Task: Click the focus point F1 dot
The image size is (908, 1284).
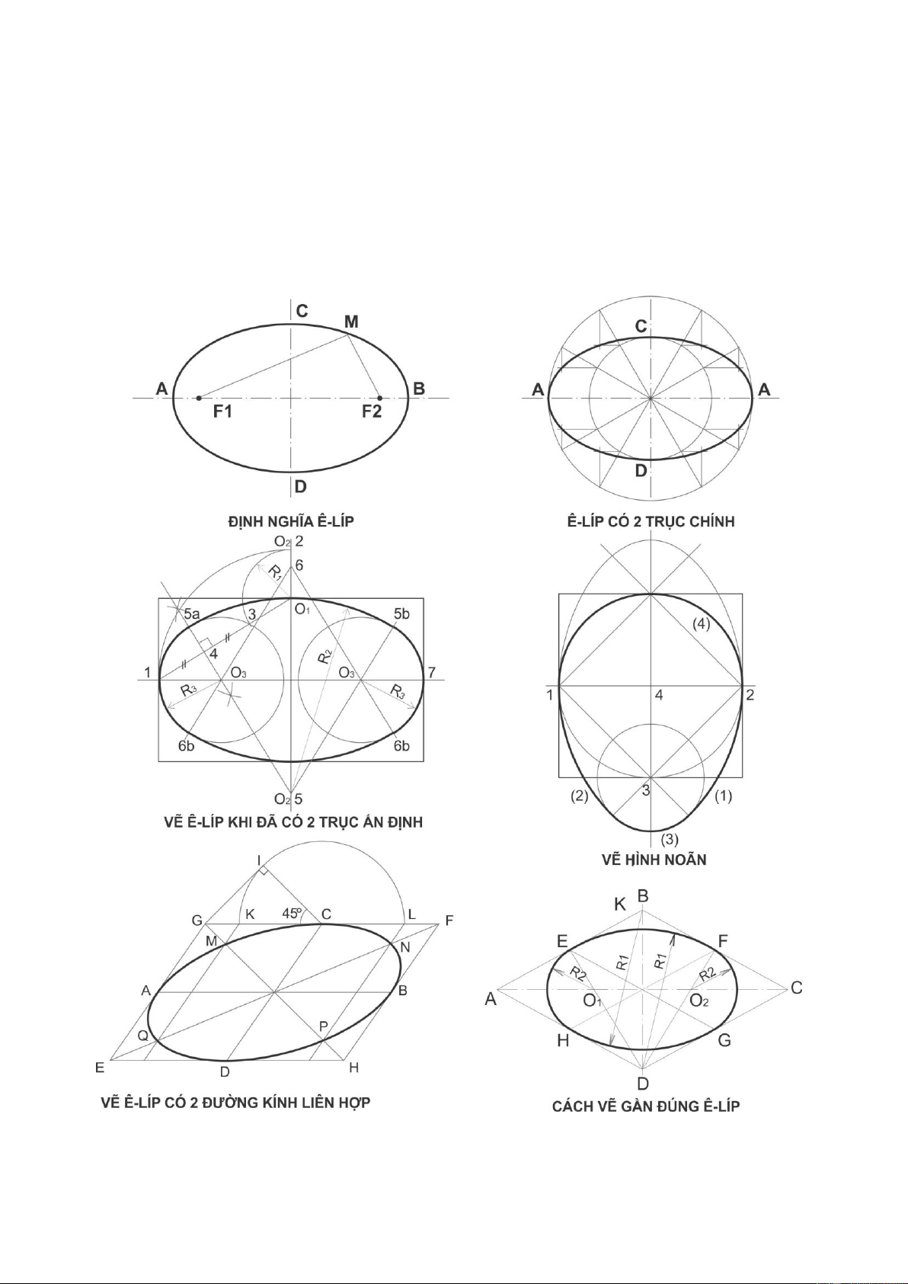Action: (x=199, y=398)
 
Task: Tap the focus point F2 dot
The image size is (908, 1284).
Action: (x=379, y=398)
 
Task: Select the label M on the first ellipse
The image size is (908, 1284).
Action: (x=350, y=322)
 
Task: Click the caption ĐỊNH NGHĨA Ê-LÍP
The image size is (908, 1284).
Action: (x=291, y=521)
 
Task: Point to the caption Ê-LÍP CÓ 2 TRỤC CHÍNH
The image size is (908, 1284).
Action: (x=651, y=521)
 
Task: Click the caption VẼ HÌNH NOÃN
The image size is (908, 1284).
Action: (x=654, y=860)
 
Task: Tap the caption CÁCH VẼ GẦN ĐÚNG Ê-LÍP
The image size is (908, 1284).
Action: (x=646, y=1106)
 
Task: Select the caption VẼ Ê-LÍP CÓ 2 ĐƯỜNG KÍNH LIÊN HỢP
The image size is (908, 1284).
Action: (x=235, y=1103)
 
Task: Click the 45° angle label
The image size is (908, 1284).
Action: (x=292, y=913)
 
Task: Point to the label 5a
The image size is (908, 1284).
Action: (x=191, y=613)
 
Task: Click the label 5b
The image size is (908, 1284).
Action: (x=401, y=613)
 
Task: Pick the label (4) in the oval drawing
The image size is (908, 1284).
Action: (x=701, y=623)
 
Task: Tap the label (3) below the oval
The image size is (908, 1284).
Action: (x=669, y=840)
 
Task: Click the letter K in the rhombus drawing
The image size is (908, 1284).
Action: (x=620, y=905)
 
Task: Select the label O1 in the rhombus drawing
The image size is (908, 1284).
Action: (x=592, y=1001)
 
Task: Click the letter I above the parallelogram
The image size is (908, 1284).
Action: (x=260, y=861)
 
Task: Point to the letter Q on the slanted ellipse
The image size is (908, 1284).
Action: (x=142, y=1036)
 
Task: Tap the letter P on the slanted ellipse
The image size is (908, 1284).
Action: (x=323, y=1026)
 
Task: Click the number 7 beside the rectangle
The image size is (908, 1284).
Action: (x=432, y=672)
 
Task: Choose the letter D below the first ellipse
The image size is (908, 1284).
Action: (x=301, y=486)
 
